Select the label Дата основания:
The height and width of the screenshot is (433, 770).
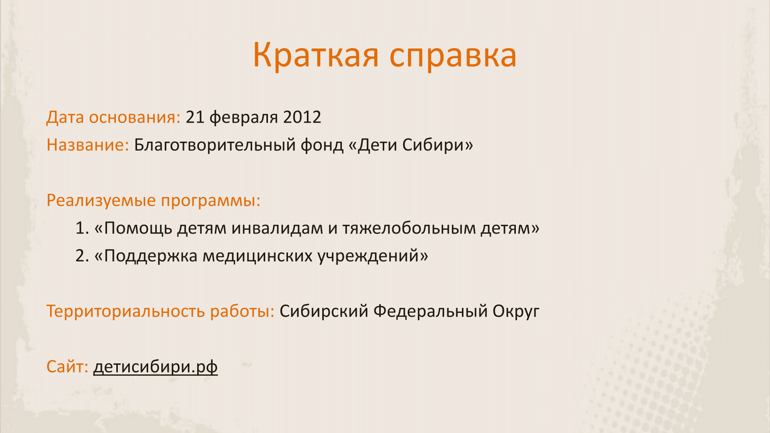[113, 117]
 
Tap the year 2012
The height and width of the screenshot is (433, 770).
[302, 117]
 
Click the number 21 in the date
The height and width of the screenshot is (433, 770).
[195, 117]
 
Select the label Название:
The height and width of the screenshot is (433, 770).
[88, 145]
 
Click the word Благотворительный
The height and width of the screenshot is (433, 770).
[215, 145]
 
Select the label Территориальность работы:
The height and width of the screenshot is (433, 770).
[161, 311]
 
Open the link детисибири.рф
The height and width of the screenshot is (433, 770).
[156, 367]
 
